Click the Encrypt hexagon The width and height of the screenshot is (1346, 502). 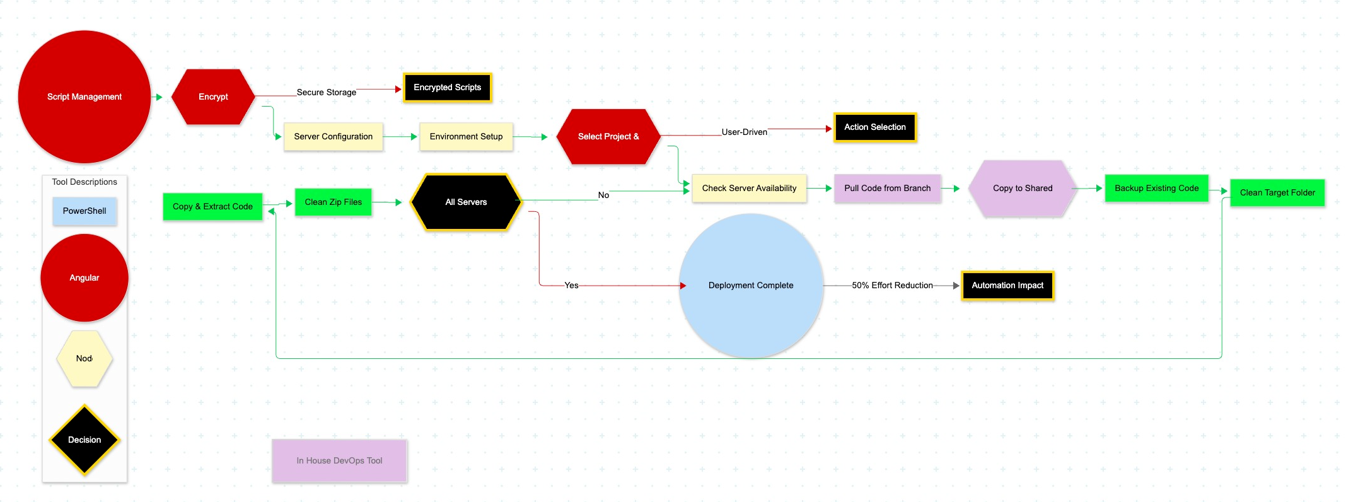click(213, 96)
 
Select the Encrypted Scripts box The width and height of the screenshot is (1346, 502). click(447, 88)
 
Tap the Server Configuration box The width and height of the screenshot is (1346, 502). click(333, 136)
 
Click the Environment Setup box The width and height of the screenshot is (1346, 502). click(466, 136)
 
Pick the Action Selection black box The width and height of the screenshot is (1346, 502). click(874, 127)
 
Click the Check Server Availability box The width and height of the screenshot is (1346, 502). click(749, 188)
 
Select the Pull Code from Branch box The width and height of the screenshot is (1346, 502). click(887, 188)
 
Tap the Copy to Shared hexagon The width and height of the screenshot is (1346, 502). click(1022, 188)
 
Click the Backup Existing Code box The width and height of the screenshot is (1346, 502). click(1156, 188)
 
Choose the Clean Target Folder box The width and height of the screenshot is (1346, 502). click(1277, 192)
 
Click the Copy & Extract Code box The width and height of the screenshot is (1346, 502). click(212, 206)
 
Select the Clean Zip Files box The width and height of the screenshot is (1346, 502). click(333, 202)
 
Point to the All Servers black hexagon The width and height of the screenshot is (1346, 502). click(466, 202)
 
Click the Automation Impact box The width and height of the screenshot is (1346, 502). click(1007, 286)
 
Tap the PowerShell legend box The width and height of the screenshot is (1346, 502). click(84, 211)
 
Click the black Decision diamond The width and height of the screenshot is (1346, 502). click(84, 440)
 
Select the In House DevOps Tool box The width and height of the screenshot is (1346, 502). click(339, 460)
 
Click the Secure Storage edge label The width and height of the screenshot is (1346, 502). click(327, 92)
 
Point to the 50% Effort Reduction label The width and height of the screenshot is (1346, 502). click(892, 286)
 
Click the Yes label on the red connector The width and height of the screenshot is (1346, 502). click(571, 286)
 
